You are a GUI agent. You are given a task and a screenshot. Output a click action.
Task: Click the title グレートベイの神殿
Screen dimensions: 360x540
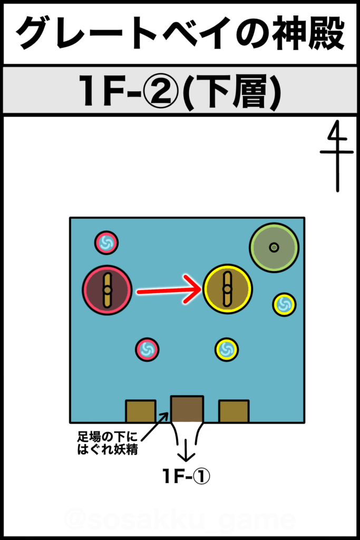(x=180, y=33)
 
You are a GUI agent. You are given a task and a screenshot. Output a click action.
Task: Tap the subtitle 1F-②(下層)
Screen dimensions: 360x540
(x=180, y=91)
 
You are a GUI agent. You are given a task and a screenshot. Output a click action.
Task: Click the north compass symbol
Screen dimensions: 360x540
(x=337, y=156)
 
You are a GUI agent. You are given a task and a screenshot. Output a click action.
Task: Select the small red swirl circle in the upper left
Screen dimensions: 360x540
(x=106, y=243)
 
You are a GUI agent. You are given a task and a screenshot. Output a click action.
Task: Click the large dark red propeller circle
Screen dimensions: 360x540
(x=107, y=290)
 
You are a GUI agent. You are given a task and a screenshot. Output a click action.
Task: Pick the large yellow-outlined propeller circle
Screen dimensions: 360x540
(x=228, y=289)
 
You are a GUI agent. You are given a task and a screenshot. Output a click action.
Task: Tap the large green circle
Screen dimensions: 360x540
(x=274, y=247)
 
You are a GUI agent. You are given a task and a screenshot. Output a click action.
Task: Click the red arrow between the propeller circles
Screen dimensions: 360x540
(x=169, y=290)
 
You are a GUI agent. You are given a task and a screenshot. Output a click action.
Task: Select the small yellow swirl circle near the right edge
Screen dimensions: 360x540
(x=284, y=304)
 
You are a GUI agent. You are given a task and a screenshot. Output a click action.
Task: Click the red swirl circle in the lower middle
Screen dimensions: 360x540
(x=147, y=350)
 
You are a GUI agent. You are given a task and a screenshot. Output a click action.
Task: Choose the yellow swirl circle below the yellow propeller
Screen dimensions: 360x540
(x=227, y=350)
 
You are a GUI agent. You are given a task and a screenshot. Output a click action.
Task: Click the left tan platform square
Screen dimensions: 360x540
(x=140, y=411)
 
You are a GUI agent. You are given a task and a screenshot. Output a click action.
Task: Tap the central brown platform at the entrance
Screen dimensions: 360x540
(x=187, y=409)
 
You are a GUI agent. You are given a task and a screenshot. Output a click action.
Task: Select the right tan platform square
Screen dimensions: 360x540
(x=233, y=411)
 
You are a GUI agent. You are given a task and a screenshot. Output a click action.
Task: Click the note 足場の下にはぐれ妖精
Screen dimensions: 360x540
(x=108, y=443)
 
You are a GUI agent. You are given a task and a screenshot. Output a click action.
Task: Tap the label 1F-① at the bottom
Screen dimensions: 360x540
(x=186, y=477)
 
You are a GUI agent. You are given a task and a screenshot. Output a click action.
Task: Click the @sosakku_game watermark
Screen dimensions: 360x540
(x=180, y=519)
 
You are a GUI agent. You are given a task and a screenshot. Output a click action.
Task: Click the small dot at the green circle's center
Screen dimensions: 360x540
(x=274, y=247)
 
